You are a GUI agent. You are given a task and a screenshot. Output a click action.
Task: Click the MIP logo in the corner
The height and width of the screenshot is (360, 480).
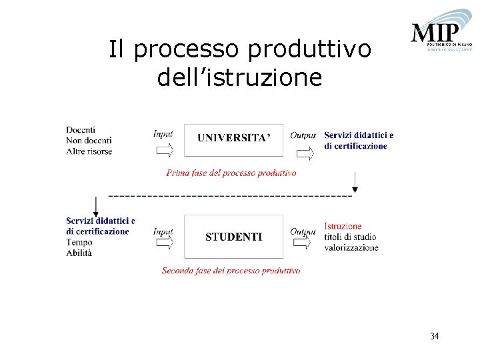pyautogui.click(x=441, y=33)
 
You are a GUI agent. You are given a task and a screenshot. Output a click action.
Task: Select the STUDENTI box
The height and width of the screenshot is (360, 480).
pyautogui.click(x=233, y=237)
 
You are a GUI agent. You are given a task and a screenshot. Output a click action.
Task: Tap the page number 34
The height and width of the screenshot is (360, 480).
pyautogui.click(x=434, y=336)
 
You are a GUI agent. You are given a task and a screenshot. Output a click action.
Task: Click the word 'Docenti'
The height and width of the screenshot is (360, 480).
pyautogui.click(x=81, y=129)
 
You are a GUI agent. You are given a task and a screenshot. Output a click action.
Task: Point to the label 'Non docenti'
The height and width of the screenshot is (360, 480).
pyautogui.click(x=89, y=140)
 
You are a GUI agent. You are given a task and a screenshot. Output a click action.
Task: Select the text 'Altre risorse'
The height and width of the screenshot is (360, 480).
pyautogui.click(x=89, y=151)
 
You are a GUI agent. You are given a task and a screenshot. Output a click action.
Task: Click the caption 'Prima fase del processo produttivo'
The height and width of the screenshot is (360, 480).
pyautogui.click(x=231, y=173)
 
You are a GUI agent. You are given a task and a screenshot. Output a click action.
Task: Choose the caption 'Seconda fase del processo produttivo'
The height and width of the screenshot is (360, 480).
pyautogui.click(x=231, y=271)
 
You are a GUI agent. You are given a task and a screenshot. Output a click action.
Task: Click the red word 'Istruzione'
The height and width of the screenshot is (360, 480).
pyautogui.click(x=343, y=227)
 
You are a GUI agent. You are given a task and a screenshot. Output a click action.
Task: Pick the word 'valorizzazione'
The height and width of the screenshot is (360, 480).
pyautogui.click(x=351, y=247)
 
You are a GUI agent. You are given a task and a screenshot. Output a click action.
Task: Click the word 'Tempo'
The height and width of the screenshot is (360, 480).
pyautogui.click(x=79, y=243)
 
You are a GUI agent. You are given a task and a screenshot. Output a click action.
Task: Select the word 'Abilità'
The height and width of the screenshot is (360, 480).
pyautogui.click(x=79, y=253)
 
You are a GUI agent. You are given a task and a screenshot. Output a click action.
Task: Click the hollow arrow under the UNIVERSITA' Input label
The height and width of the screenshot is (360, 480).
pyautogui.click(x=164, y=150)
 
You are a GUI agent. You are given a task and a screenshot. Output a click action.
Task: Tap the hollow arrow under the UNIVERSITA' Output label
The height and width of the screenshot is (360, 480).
pyautogui.click(x=305, y=154)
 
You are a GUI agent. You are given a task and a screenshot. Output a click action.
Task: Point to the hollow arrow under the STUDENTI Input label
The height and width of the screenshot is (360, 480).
pyautogui.click(x=164, y=243)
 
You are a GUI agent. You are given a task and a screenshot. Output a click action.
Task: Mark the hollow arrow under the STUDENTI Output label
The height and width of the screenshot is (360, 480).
pyautogui.click(x=302, y=243)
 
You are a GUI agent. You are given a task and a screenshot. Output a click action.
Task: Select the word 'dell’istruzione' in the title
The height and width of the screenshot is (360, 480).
pyautogui.click(x=239, y=77)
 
